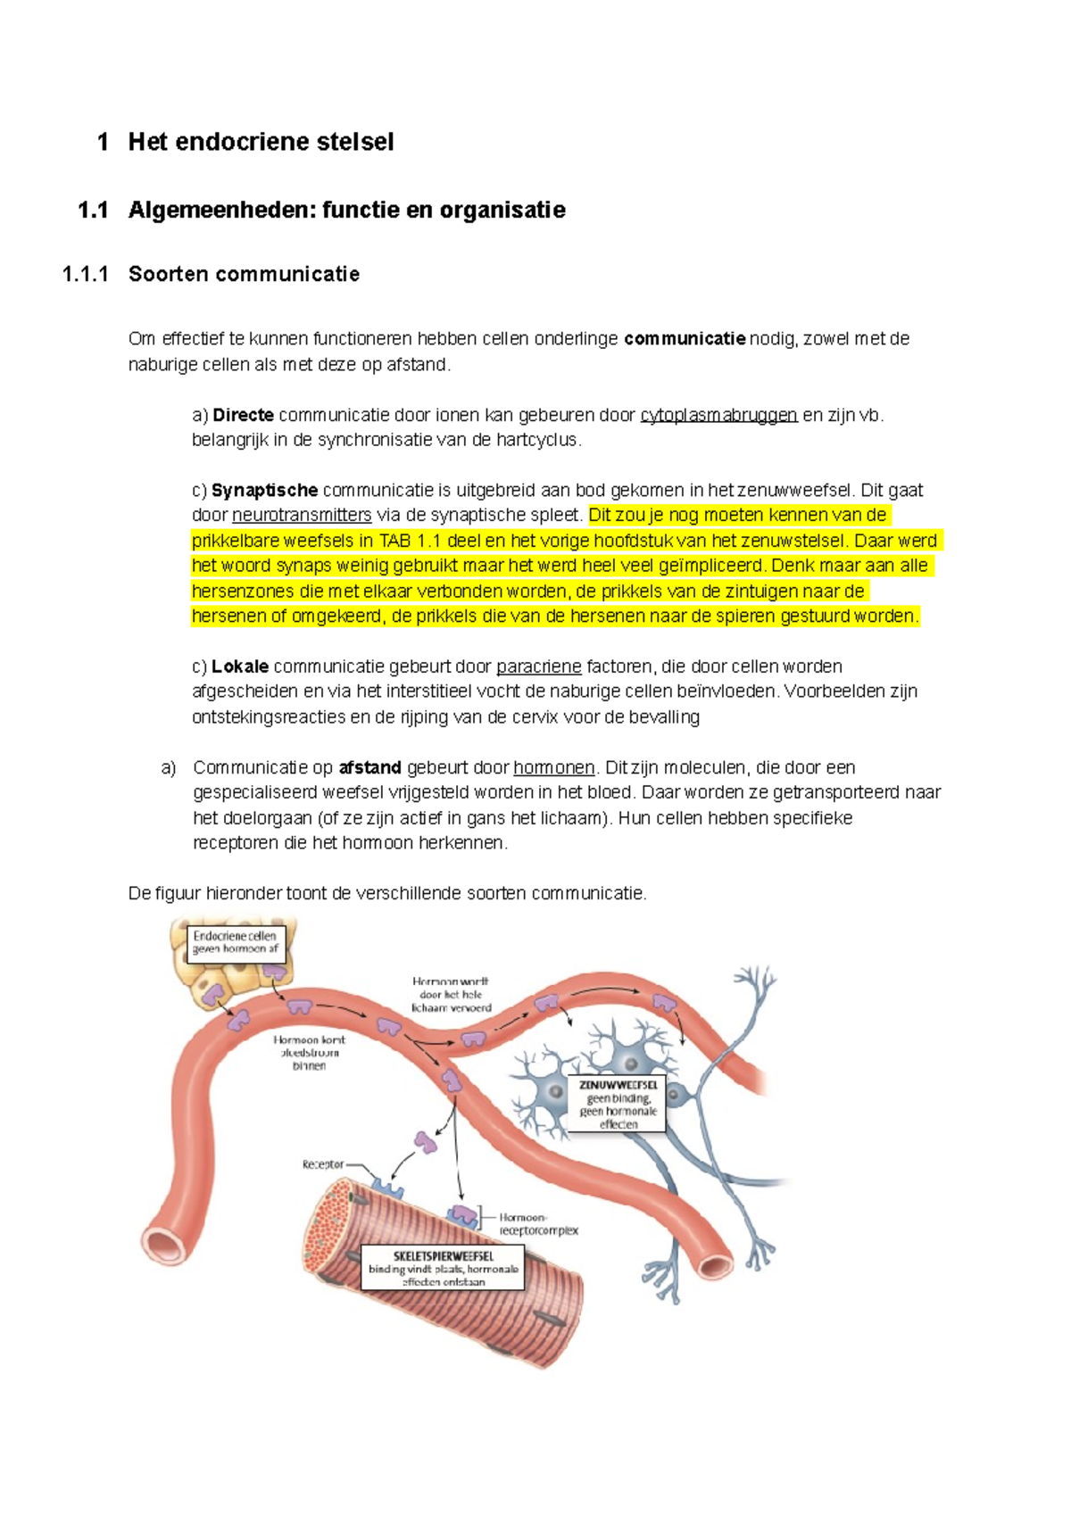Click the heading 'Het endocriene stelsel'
(x=261, y=142)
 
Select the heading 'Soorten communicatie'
(x=244, y=274)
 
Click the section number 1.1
(x=93, y=211)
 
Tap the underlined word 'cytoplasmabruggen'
(x=718, y=415)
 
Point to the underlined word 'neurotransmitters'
(x=302, y=515)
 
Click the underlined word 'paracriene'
(x=539, y=666)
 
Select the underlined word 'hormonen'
(x=554, y=767)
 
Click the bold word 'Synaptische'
(x=265, y=490)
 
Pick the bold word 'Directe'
(x=243, y=415)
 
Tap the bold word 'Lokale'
(x=240, y=666)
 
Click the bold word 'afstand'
(x=370, y=767)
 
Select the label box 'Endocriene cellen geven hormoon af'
(x=236, y=943)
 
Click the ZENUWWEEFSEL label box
(x=618, y=1105)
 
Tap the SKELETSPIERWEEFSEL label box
(x=443, y=1268)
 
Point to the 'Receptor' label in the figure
(x=322, y=1164)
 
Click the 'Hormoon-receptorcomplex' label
(x=538, y=1223)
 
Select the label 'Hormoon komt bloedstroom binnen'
(x=309, y=1053)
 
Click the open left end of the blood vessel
(x=164, y=1241)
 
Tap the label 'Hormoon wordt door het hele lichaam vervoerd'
(x=451, y=994)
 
